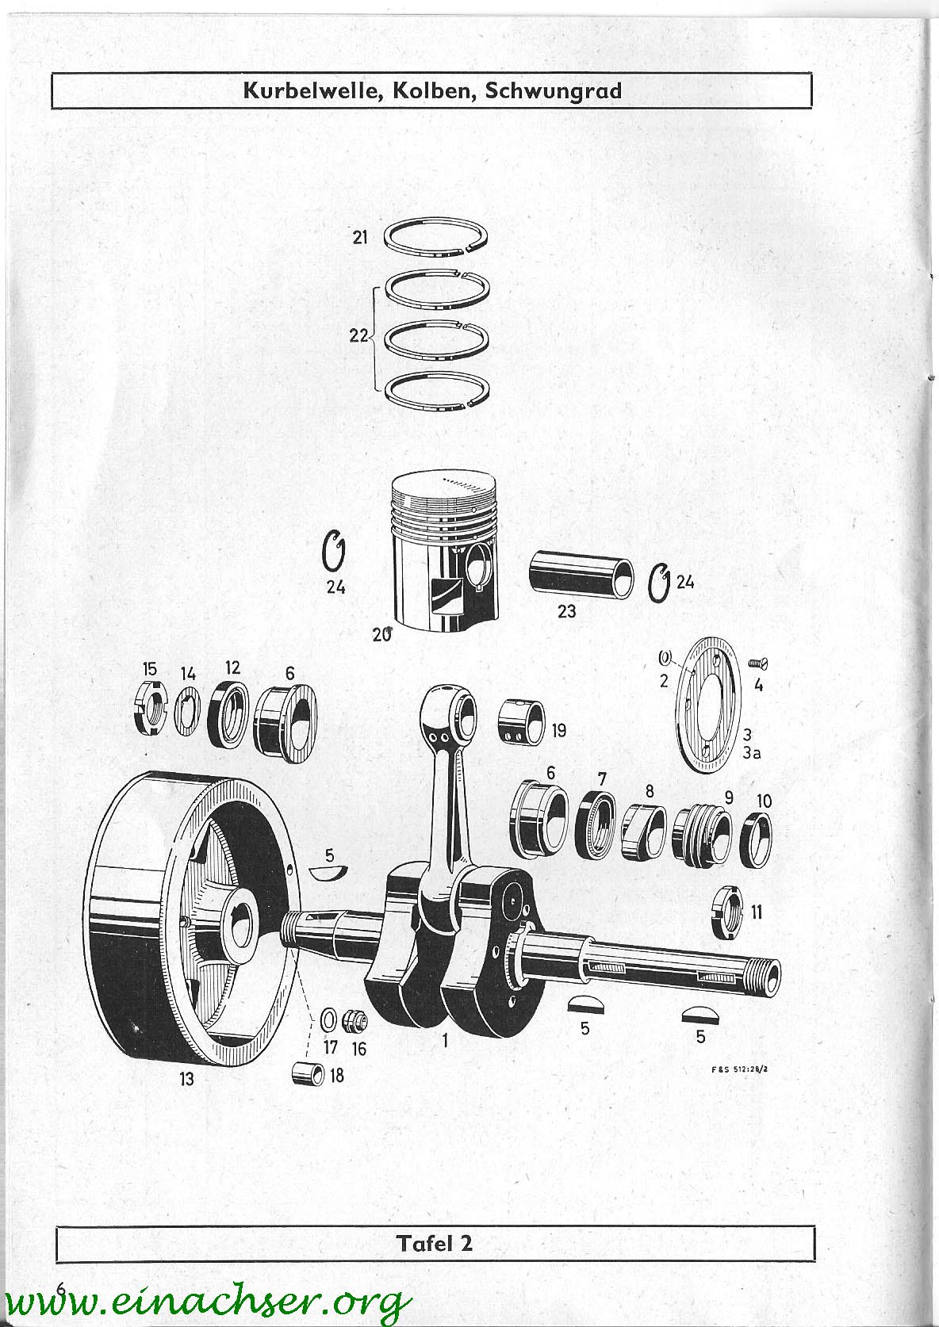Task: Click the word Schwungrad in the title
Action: tap(553, 90)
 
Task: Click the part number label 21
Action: tap(360, 238)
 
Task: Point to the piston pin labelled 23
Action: tap(581, 575)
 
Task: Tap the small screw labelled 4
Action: tap(758, 664)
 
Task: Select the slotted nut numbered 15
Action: tap(151, 708)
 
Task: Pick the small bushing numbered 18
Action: tap(309, 1073)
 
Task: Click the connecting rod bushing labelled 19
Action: tap(521, 722)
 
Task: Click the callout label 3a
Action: tap(751, 754)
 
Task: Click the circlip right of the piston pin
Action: tap(658, 583)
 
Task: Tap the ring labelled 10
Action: tap(757, 840)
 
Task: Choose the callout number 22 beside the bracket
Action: tap(358, 336)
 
